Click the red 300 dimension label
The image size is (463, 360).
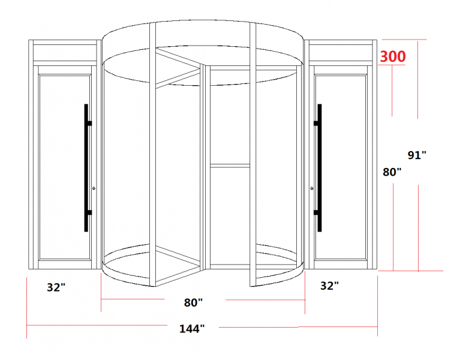coord(393,56)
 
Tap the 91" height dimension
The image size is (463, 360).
coord(417,155)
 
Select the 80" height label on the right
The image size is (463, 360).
coord(392,172)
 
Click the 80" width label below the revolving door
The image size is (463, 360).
coord(193,302)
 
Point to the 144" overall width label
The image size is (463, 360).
coord(192,328)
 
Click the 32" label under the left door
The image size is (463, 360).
coord(56,287)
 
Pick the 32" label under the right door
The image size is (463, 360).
coord(329,286)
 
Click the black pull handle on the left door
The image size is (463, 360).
coord(86,168)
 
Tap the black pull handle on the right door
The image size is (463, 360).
coord(319,168)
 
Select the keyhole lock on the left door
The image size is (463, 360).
coord(94,188)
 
